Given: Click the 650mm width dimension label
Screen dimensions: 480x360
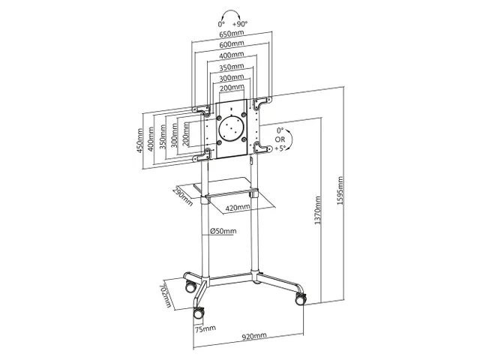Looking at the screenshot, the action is [232, 33].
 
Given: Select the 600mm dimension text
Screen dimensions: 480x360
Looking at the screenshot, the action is [232, 44].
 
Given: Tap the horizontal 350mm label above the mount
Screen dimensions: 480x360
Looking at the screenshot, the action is [232, 67].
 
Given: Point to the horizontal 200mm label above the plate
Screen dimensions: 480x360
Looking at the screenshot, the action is [232, 88].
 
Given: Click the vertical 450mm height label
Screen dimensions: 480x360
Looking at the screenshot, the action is [139, 140].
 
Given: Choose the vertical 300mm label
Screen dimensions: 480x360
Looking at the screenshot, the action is [174, 135].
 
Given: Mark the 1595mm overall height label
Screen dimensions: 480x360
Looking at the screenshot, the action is [340, 190].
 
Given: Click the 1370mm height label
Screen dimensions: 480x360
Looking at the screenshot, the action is [318, 210].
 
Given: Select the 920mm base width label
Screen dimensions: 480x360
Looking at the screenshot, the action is [254, 336].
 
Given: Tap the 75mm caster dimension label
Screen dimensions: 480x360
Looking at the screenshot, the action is [205, 328].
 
